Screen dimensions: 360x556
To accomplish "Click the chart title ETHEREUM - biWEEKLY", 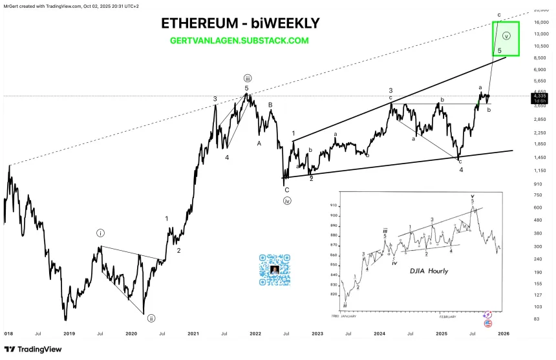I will (x=240, y=23).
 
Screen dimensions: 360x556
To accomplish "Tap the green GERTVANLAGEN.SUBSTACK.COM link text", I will (x=239, y=40).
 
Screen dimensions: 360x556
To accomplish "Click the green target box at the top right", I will (x=506, y=38).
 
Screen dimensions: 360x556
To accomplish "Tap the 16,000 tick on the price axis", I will (x=541, y=22).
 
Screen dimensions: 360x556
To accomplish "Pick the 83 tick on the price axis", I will (x=537, y=319).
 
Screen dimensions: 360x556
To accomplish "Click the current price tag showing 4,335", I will (x=540, y=96).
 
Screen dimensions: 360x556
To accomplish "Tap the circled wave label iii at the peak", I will (x=247, y=78).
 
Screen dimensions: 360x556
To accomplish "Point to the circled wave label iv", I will (x=286, y=200).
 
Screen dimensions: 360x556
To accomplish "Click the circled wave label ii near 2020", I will (x=151, y=318).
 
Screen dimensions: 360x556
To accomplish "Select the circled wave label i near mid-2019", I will (x=101, y=233).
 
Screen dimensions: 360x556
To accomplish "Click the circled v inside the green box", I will (x=506, y=36).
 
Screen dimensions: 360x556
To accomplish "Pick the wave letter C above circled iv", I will (x=286, y=189).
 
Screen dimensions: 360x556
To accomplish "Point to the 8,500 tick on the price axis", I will (x=540, y=58).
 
